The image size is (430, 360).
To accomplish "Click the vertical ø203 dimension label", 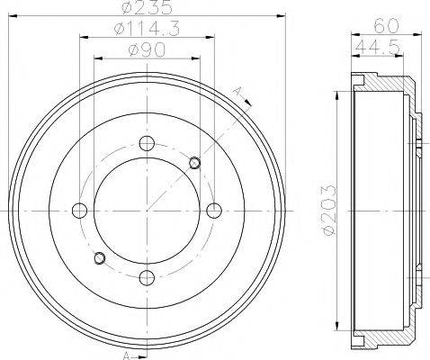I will [x=327, y=210].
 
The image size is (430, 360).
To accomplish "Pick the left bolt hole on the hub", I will [x=80, y=211].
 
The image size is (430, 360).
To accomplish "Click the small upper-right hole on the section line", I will [x=195, y=162].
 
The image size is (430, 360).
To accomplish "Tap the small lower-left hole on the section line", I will [x=99, y=259].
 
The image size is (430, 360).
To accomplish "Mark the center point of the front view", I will [x=146, y=211].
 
